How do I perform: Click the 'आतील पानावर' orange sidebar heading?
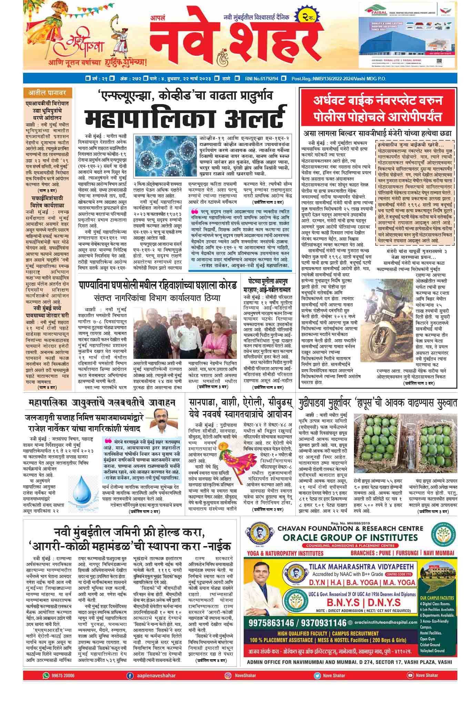48,92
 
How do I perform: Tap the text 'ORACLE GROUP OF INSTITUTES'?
350,537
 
